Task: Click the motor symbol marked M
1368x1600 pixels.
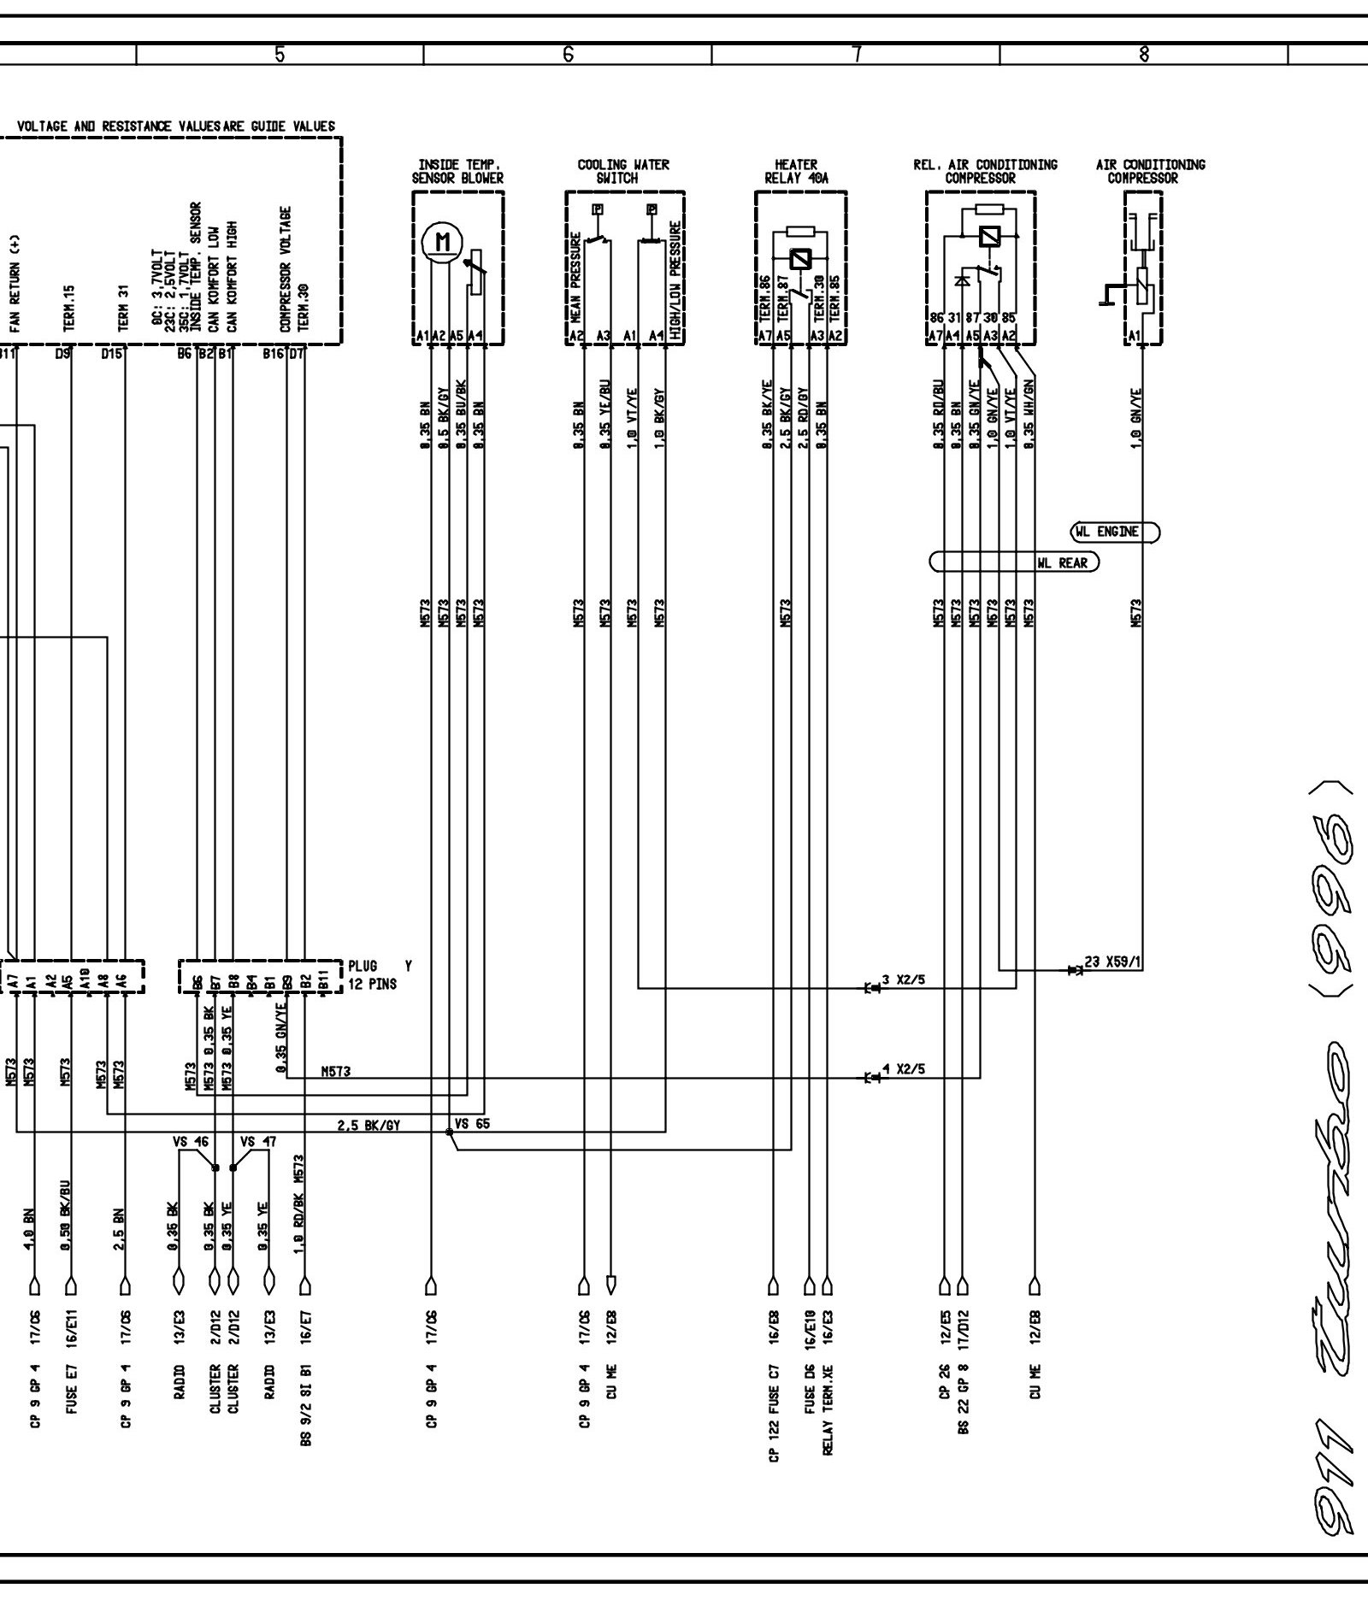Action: click(x=442, y=242)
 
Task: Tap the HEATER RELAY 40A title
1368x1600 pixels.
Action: click(x=795, y=171)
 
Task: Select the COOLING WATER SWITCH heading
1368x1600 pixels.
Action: click(x=623, y=171)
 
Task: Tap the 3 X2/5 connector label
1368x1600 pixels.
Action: click(x=903, y=980)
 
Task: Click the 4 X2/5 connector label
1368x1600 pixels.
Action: click(x=903, y=1069)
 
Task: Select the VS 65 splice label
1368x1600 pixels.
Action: click(x=472, y=1124)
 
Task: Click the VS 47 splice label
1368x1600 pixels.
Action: click(x=257, y=1141)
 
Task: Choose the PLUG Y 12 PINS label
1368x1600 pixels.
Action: click(x=376, y=974)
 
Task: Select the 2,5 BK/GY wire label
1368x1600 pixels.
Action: click(x=369, y=1126)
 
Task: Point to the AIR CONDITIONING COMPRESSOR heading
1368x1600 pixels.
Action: click(x=1150, y=171)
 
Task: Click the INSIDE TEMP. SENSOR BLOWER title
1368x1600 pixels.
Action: click(x=457, y=171)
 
